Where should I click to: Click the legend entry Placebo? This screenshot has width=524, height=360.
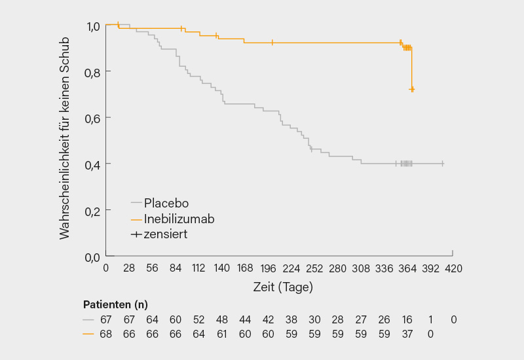tap(166, 203)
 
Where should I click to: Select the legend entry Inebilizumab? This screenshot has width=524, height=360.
tap(179, 219)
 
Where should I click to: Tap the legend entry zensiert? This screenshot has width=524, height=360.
tap(165, 234)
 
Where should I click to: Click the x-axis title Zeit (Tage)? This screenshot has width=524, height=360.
tap(283, 287)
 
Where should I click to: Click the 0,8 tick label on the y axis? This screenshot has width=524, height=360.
tap(94, 71)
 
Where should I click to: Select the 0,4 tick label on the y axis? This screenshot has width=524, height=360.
tap(94, 164)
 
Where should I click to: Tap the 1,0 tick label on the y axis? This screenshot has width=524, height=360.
tap(94, 26)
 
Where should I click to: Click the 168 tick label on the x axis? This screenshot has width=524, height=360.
tap(245, 268)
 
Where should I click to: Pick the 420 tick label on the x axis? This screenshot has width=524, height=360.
tap(453, 268)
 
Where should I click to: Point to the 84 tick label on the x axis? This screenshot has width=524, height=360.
tap(175, 268)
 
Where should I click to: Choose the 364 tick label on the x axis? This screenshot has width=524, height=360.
tap(407, 268)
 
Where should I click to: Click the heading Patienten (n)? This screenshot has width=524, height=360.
tap(115, 304)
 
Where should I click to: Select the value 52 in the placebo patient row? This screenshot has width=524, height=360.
tap(198, 319)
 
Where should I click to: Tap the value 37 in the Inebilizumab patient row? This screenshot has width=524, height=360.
tap(407, 334)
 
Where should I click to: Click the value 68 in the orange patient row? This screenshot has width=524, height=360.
tap(105, 334)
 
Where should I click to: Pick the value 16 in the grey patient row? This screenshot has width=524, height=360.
tap(407, 319)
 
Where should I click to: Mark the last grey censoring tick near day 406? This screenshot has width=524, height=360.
tap(443, 164)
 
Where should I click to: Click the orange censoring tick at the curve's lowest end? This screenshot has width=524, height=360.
tap(412, 89)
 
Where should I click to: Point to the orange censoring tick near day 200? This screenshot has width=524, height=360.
tap(272, 43)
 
